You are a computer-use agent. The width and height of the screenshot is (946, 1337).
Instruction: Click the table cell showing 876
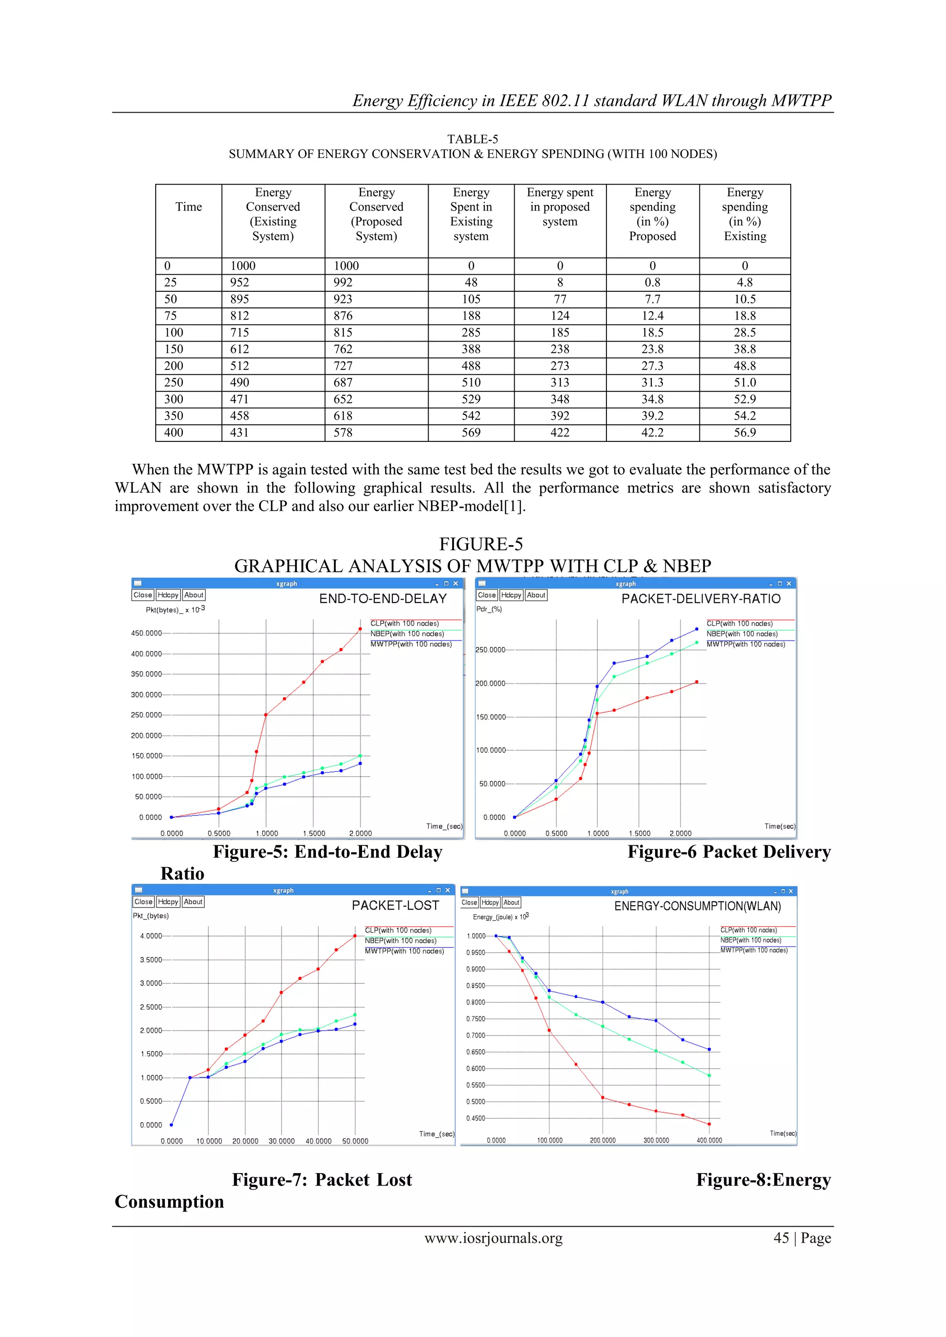pos(343,316)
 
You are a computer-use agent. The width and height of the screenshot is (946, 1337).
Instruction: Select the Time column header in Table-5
pos(189,207)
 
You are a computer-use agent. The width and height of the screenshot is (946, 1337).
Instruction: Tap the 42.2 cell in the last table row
pos(652,433)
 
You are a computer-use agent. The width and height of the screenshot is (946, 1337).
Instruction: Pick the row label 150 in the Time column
pos(174,349)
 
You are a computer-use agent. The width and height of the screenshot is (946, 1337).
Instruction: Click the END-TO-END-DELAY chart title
pos(383,599)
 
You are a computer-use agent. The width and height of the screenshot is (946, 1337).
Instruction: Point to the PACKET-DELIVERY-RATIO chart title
pos(701,599)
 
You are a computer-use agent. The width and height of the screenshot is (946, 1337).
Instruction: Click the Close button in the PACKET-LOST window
pos(143,902)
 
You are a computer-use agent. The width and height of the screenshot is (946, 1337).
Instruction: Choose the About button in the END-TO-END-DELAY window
pos(194,595)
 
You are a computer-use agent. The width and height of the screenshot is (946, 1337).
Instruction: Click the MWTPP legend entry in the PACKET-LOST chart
pos(404,952)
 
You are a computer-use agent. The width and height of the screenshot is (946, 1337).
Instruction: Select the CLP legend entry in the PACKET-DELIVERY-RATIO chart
pos(739,624)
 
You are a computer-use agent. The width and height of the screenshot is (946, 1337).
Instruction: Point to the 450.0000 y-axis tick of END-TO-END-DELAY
pos(146,633)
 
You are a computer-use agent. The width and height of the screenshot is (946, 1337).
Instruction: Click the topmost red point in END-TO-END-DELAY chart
pos(360,629)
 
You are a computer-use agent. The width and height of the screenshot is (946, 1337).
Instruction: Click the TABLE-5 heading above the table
pos(473,139)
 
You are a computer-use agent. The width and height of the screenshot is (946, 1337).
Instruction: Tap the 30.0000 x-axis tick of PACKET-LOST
pos(281,1141)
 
